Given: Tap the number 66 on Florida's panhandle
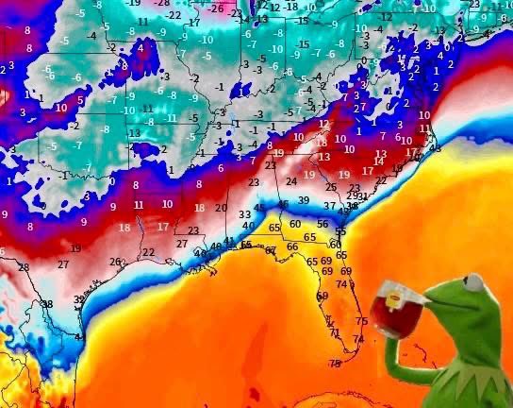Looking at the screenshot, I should [291, 246].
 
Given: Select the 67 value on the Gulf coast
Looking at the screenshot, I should [271, 250].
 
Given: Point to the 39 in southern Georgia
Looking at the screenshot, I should [303, 200].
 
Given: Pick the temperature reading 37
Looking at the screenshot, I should [329, 205].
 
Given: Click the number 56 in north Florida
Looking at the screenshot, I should [323, 224].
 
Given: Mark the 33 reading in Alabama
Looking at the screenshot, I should [244, 214].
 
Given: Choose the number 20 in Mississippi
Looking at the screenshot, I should [221, 208].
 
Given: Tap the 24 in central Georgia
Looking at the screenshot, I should [291, 180].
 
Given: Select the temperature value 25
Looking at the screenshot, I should [329, 187].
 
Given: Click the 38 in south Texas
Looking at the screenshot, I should [47, 303].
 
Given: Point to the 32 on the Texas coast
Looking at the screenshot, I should [79, 298].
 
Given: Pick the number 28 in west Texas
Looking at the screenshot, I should [24, 267].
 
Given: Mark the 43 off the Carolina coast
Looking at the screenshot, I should [435, 148].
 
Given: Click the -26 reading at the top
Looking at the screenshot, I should [218, 8].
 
